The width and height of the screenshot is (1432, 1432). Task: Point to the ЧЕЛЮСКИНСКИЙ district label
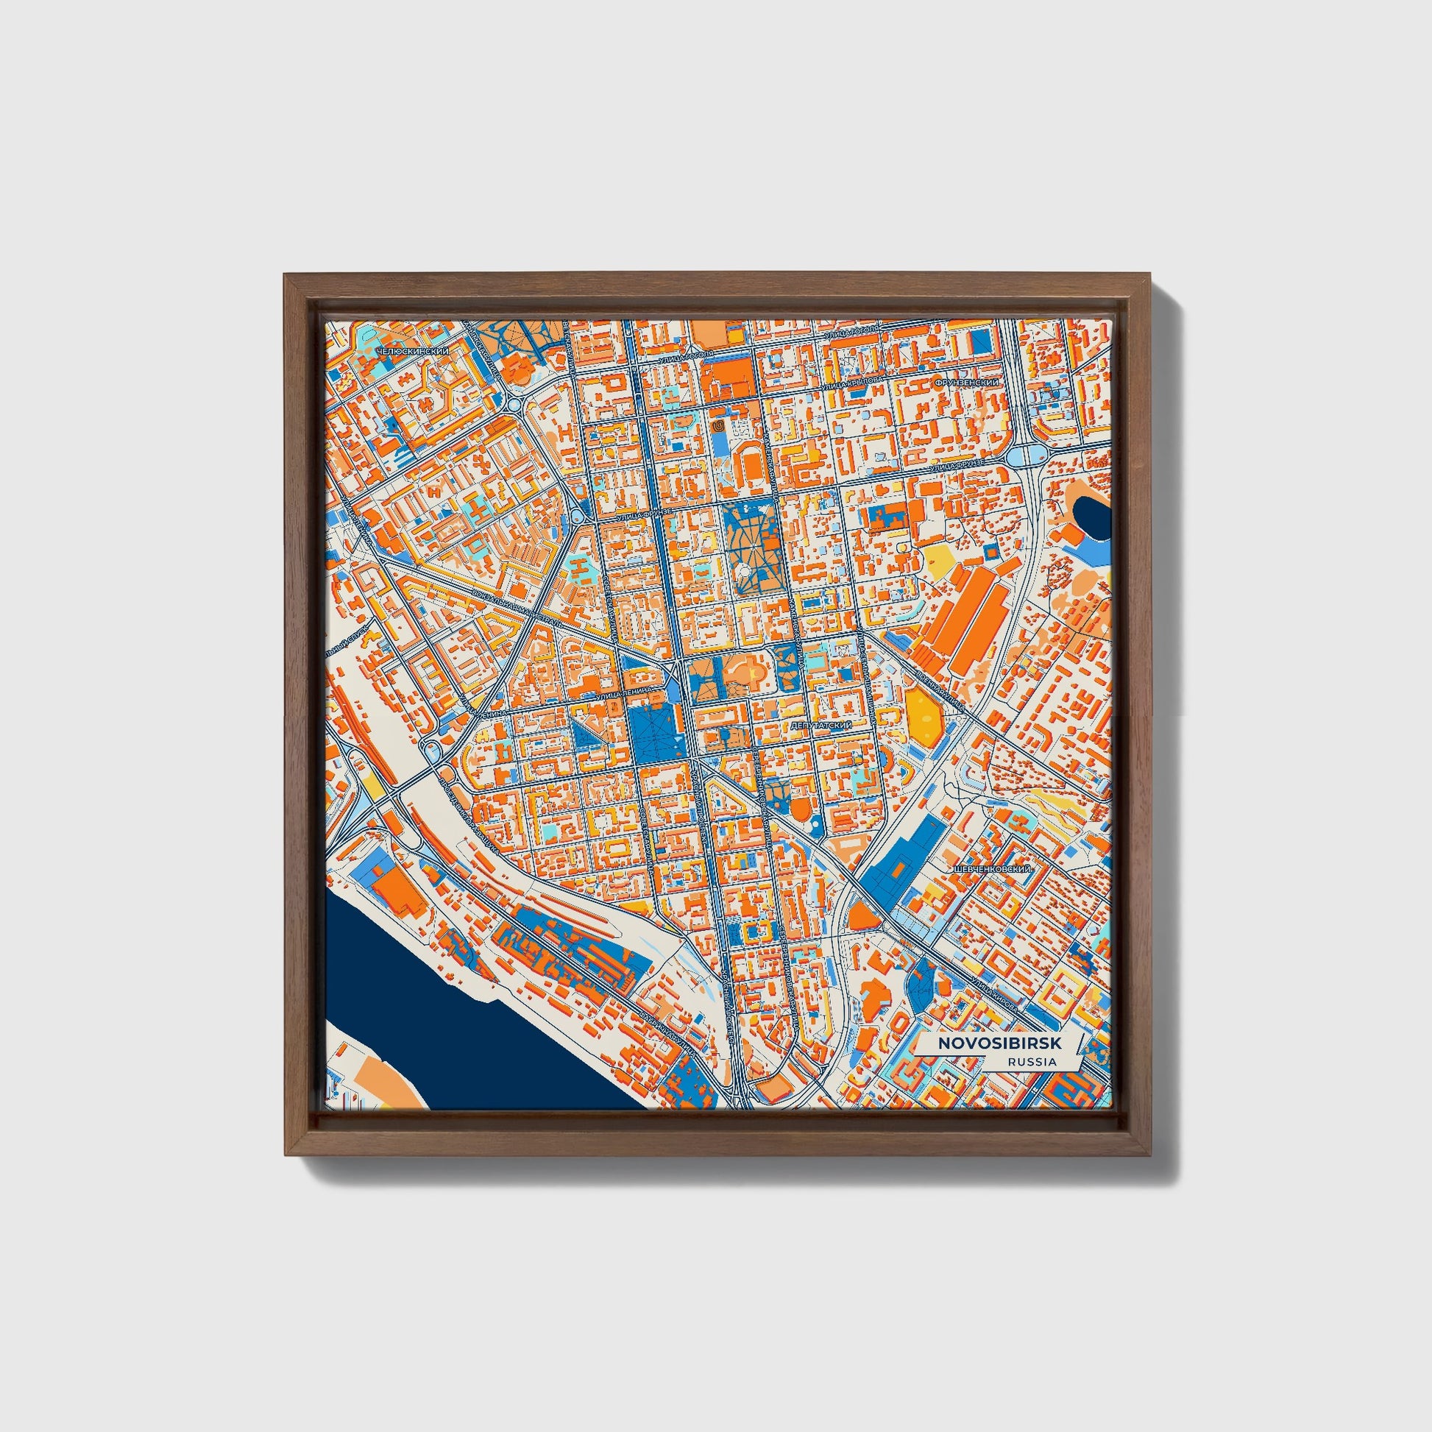(x=412, y=350)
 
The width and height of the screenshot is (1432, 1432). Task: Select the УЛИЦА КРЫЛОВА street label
(x=852, y=378)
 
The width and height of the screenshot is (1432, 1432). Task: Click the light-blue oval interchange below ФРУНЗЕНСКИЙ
(x=1026, y=454)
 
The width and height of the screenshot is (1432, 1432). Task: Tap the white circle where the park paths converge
(x=742, y=570)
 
